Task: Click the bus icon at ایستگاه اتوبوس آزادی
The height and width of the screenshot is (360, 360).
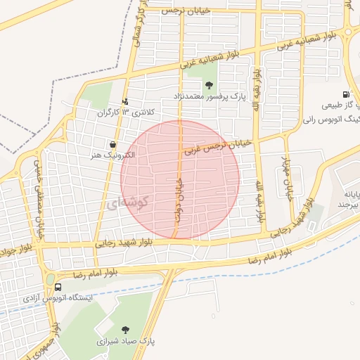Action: tap(58, 287)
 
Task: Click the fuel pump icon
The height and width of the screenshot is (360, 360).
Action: tap(345, 95)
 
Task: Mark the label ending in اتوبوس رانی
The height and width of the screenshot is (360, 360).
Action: tap(340, 120)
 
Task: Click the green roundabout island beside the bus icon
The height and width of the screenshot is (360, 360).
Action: tap(51, 280)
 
